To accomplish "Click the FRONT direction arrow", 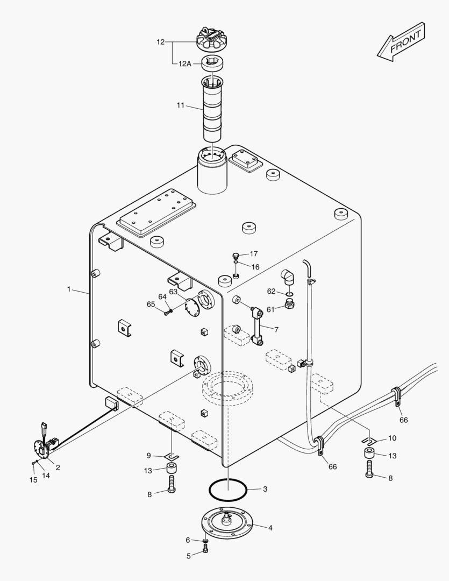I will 401,41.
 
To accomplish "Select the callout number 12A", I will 185,63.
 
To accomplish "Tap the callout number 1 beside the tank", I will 69,289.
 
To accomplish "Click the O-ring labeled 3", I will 228,490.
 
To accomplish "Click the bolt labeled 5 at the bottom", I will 206,549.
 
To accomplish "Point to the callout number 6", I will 188,540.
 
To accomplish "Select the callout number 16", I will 255,267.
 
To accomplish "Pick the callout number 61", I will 270,309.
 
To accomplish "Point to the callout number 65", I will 151,304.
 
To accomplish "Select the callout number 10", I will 392,438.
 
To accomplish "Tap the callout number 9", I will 148,455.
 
